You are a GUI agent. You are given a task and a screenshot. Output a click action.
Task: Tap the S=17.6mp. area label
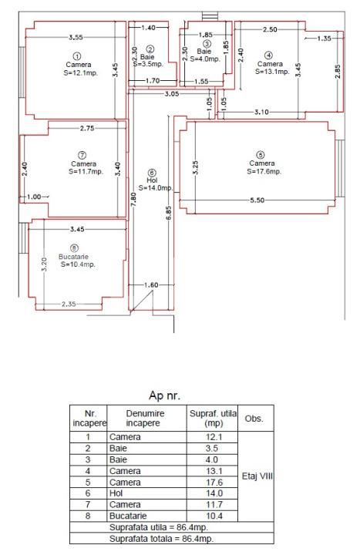[262, 172]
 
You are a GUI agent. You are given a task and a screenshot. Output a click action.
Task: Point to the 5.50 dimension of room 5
[257, 200]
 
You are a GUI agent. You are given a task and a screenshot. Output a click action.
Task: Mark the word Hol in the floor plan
[151, 180]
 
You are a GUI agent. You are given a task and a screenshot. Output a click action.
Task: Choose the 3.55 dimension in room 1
[76, 36]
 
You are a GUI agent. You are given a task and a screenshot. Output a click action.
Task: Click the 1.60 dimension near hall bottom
[151, 285]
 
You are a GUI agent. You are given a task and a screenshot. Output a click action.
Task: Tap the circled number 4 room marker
[268, 55]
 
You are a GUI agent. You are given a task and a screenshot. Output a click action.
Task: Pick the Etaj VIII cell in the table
[256, 476]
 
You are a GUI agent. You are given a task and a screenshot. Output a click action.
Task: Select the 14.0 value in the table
[214, 493]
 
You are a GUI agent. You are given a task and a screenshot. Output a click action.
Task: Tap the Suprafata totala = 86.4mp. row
[172, 538]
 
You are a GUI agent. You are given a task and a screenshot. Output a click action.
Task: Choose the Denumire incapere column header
[145, 418]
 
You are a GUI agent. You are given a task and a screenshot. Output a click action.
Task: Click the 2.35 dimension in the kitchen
[70, 304]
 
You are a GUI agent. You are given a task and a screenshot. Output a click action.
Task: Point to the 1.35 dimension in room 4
[325, 37]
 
